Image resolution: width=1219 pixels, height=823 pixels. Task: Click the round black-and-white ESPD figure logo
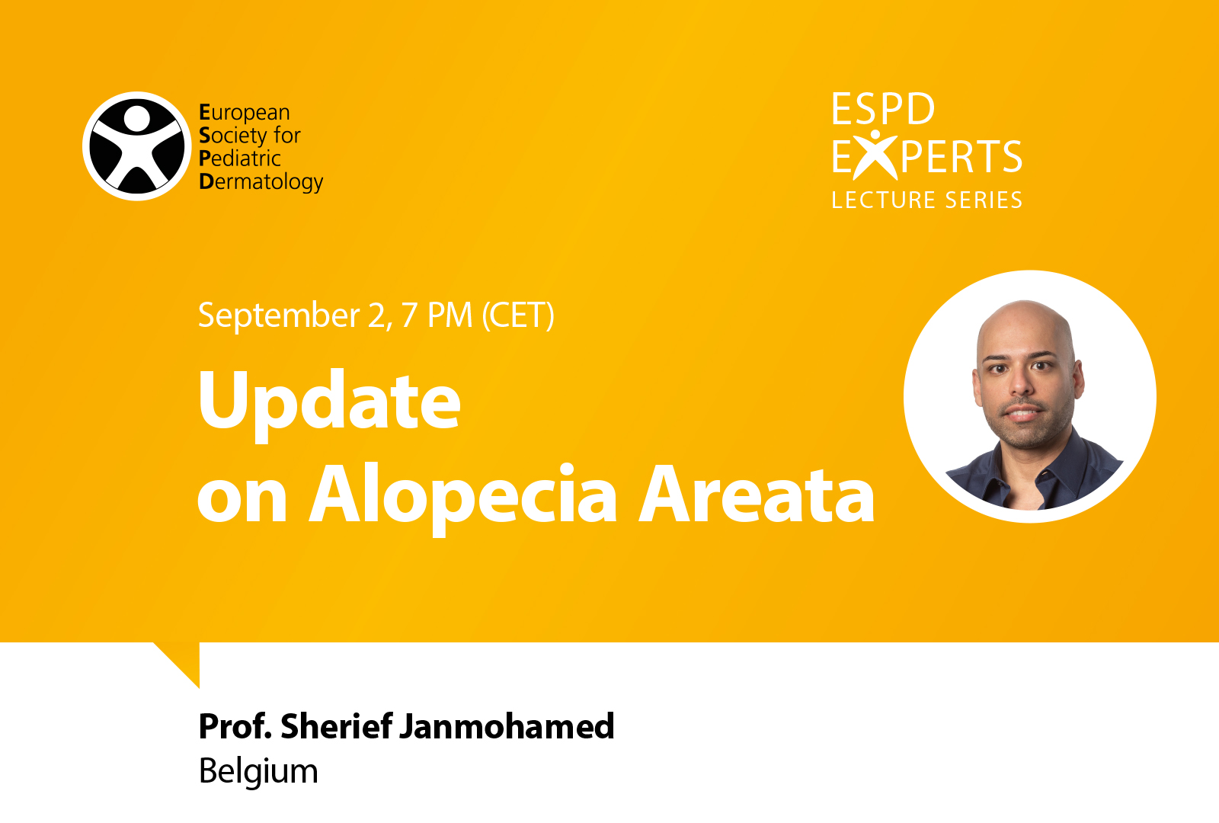[136, 146]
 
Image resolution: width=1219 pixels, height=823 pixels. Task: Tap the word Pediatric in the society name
[239, 159]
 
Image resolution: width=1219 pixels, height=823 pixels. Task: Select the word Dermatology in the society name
[261, 182]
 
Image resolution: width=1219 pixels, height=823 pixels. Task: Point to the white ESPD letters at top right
[883, 109]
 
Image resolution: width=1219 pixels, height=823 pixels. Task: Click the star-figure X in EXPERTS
[875, 155]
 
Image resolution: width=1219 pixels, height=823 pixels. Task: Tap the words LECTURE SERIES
[926, 200]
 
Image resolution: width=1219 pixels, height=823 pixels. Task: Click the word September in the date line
[278, 315]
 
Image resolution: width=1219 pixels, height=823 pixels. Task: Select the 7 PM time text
[437, 315]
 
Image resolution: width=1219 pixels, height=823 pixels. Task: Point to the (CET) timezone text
[518, 315]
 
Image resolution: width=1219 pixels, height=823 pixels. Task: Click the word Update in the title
[329, 402]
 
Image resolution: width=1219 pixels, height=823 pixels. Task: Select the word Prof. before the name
[235, 726]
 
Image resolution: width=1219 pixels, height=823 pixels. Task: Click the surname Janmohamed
[507, 726]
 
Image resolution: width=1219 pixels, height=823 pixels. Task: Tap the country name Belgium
[258, 772]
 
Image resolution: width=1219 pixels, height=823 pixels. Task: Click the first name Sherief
[336, 726]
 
